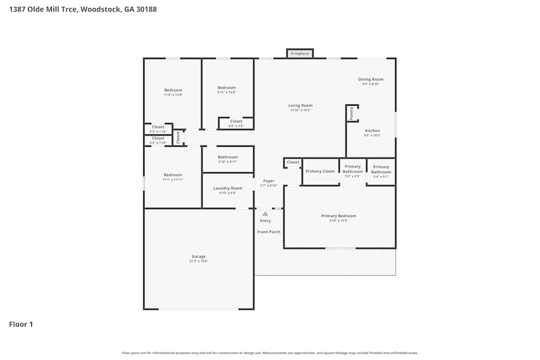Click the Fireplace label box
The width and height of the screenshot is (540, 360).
click(300, 53)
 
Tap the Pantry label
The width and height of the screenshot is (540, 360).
click(352, 113)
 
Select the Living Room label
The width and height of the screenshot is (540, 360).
click(300, 106)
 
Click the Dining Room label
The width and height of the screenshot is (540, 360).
click(370, 79)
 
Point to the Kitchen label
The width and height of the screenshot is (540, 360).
click(372, 131)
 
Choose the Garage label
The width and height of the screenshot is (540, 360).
click(199, 257)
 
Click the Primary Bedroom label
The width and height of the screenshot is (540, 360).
click(339, 216)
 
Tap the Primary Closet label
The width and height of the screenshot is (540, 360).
click(320, 171)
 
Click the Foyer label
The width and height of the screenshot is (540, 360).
click(268, 181)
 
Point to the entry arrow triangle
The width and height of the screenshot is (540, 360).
click(265, 214)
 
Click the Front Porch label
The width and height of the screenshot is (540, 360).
click(268, 232)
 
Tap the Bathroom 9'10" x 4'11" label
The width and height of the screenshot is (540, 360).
click(227, 157)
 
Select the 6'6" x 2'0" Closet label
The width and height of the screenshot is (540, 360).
click(236, 121)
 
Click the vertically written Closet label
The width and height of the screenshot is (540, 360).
click(178, 138)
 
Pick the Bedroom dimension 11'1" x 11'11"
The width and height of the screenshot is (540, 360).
click(173, 179)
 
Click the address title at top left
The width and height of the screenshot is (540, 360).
click(83, 9)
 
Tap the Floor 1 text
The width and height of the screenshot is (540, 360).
click(21, 324)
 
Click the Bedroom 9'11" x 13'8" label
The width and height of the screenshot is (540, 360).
click(227, 88)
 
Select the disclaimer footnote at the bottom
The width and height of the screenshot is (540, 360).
click(270, 353)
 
